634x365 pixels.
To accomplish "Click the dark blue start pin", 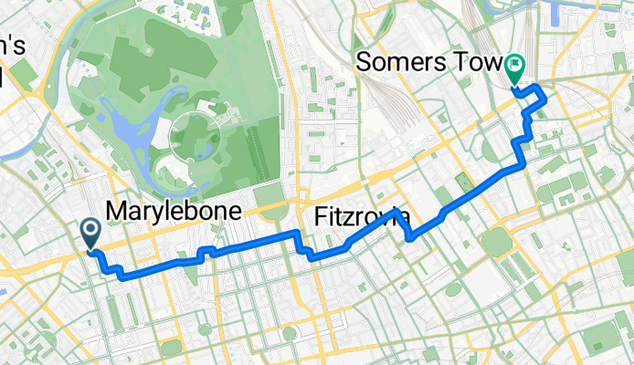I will pos(92,233).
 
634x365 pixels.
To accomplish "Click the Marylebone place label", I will pos(174,212).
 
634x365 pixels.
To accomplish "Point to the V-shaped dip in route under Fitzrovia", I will pos(408,235).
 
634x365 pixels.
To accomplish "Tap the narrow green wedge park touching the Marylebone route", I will pos(192,274).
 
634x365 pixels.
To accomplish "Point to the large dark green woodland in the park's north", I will pos(146,46).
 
